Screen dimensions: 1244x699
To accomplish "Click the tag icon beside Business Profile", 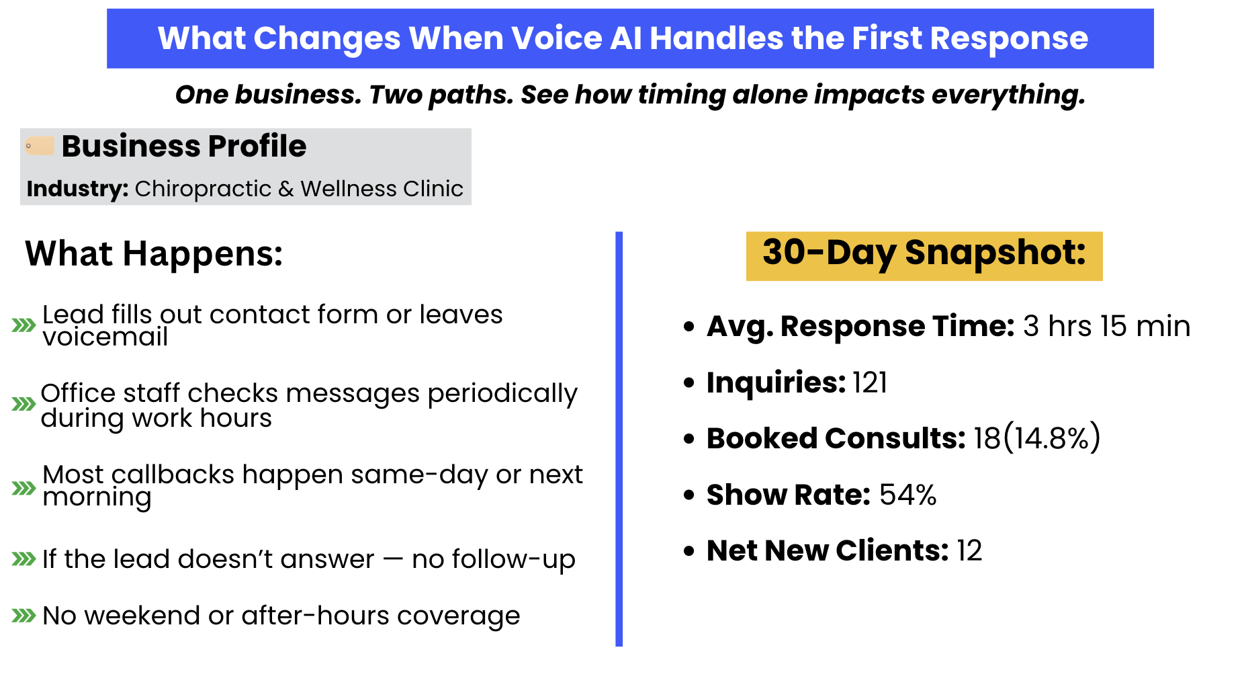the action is (39, 146).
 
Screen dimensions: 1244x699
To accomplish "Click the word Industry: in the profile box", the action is (77, 189).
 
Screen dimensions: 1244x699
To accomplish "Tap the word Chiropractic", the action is (203, 190).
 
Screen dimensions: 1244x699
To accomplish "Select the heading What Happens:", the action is (154, 254).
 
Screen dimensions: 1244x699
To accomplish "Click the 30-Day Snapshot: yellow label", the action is (924, 255).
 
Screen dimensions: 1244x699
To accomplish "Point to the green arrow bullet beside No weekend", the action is (24, 615).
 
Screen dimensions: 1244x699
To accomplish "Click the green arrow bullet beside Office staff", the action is (24, 404).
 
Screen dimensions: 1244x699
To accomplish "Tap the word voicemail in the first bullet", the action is (105, 337).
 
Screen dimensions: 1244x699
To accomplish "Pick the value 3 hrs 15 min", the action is (1106, 326).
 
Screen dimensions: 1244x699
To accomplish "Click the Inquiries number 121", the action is (870, 382).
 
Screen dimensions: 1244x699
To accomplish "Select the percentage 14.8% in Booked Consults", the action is (1051, 438).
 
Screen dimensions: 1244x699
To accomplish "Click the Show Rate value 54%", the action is (907, 495).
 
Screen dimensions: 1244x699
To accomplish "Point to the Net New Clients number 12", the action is (969, 550).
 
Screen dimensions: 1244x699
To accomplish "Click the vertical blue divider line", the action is (619, 439).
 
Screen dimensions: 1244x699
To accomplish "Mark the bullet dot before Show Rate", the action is (688, 495).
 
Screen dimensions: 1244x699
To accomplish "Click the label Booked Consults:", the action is (836, 438).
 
